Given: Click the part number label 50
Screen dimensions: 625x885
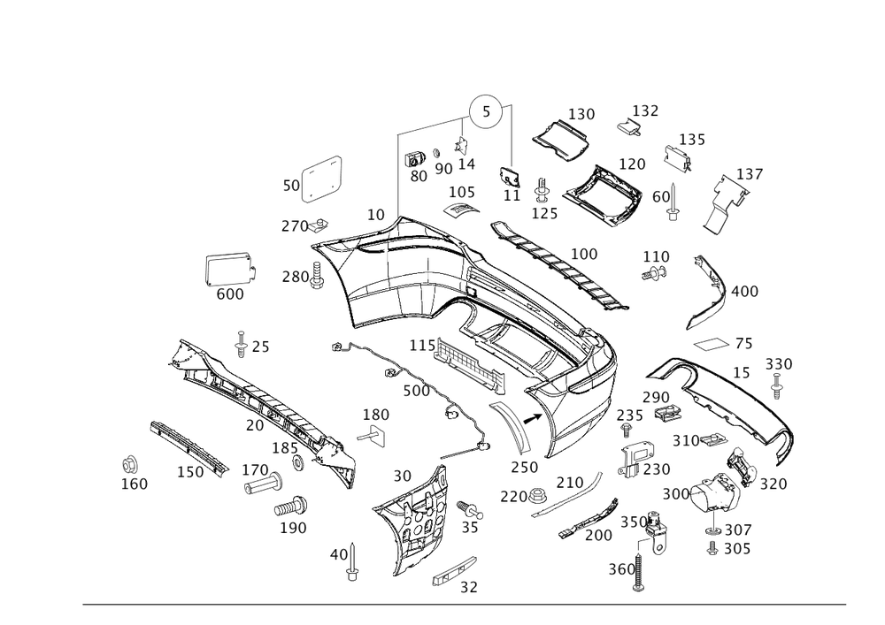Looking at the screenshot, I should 289,186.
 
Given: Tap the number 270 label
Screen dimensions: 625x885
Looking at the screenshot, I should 295,225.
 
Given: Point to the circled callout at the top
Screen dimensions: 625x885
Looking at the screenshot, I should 484,112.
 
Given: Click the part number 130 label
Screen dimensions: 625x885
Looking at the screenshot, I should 581,115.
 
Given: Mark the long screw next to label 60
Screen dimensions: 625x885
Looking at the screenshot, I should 675,202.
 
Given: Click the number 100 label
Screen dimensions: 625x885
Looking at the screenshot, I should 583,255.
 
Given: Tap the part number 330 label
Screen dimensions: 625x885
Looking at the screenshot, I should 778,364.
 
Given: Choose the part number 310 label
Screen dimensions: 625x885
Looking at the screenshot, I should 687,439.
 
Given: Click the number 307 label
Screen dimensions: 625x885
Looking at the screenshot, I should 737,530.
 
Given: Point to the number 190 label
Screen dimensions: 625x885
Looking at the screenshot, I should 293,528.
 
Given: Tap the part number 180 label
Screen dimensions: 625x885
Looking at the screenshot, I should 375,414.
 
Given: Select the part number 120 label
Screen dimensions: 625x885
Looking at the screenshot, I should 632,164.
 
